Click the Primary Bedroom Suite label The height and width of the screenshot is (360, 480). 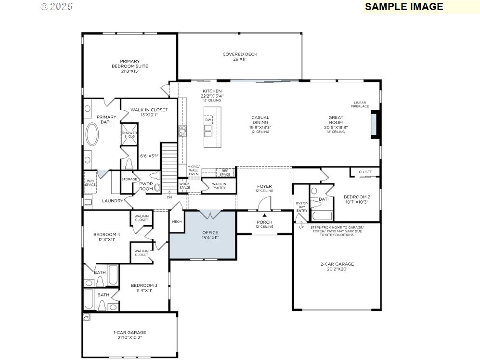(x=130, y=66)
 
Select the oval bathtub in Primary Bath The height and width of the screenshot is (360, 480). (x=92, y=135)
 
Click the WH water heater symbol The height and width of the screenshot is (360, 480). (x=87, y=317)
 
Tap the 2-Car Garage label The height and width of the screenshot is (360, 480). (x=337, y=267)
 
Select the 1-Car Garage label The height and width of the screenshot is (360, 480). (x=130, y=335)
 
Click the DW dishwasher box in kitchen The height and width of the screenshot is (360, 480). (x=208, y=120)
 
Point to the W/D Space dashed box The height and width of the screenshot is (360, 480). (x=91, y=182)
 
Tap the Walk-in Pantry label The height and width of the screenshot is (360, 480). (x=219, y=185)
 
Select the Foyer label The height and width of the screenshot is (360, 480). (x=264, y=188)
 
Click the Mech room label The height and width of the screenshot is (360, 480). (x=176, y=222)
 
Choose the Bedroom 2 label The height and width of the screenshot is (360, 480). (x=357, y=199)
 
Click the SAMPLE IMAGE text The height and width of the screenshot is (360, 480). (x=404, y=7)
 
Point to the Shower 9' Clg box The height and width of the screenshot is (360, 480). (x=129, y=134)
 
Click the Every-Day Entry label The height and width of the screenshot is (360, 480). (x=301, y=207)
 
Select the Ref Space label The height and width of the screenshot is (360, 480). (x=225, y=172)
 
